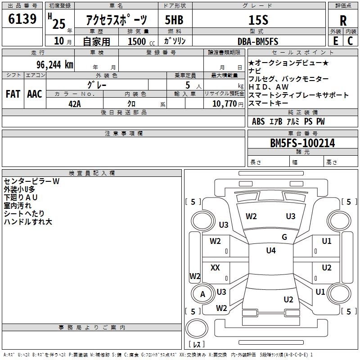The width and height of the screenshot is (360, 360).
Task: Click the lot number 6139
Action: tap(23, 19)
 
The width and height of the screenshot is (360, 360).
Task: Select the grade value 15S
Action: tap(258, 20)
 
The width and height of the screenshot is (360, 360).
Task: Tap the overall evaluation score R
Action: tap(343, 21)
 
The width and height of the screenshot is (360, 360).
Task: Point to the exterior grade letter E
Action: tap(335, 40)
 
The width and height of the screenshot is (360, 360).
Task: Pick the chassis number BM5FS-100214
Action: tap(302, 143)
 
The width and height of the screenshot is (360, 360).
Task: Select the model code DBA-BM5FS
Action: tap(258, 41)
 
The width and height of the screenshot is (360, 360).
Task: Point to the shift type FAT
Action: tap(13, 94)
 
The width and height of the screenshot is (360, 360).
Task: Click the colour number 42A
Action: tap(75, 103)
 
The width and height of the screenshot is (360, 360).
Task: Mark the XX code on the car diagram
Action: tap(215, 268)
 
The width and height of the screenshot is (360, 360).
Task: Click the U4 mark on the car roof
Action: tap(270, 251)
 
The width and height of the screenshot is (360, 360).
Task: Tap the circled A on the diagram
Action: tap(202, 294)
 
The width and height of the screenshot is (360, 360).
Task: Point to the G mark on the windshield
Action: tap(284, 237)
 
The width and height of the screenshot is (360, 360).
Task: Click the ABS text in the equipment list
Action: tap(258, 121)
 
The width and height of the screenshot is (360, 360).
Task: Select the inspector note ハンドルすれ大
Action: tap(28, 222)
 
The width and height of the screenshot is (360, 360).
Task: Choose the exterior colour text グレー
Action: tap(97, 85)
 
